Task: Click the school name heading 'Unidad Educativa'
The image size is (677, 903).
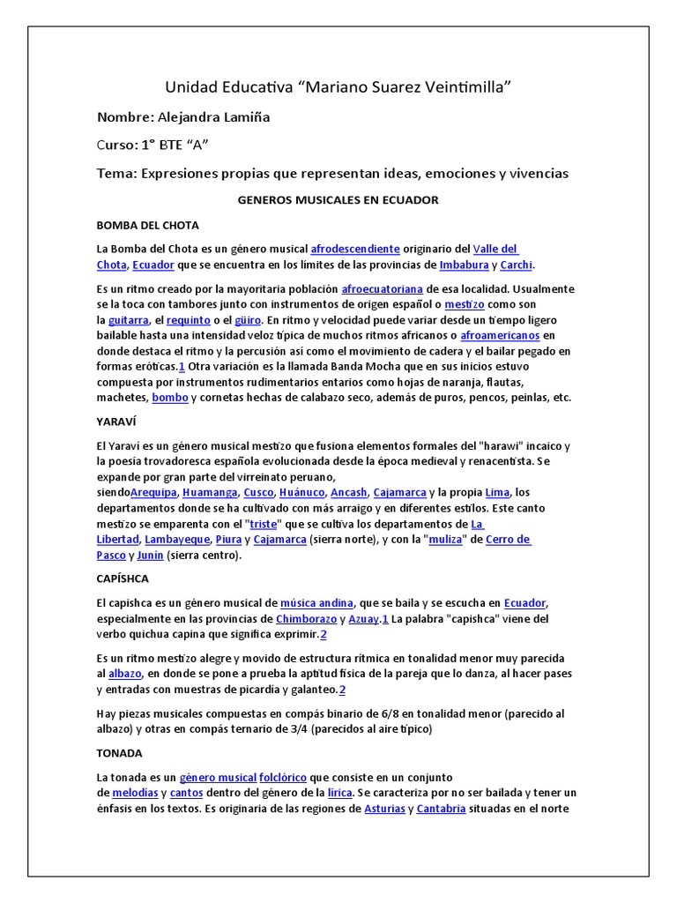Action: point(338,86)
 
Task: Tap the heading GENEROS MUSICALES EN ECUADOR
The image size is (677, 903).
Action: point(338,200)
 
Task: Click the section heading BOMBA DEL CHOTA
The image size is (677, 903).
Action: point(147,225)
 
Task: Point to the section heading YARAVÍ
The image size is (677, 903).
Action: point(118,422)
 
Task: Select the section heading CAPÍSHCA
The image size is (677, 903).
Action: point(123,578)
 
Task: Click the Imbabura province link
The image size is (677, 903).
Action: point(465,265)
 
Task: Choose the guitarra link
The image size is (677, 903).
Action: point(128,320)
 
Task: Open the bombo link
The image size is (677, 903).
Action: point(169,398)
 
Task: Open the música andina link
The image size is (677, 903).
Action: point(316,603)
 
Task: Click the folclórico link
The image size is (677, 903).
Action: point(282,779)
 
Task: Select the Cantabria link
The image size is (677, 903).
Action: point(441,810)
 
